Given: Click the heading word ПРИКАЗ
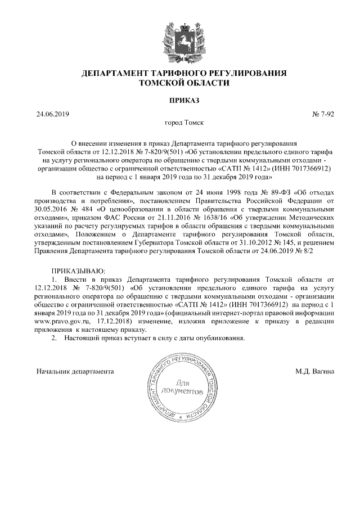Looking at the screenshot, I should [180, 101].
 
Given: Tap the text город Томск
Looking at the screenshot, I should [180, 122].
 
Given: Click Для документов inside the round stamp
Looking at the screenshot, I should [180, 386].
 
